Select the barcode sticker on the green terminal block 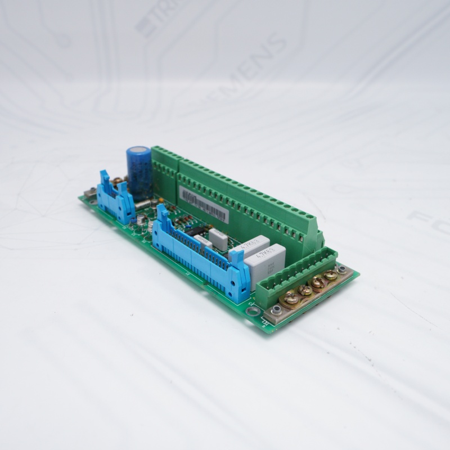click(204, 204)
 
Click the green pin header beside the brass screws click(296, 276)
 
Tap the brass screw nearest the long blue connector click(291, 299)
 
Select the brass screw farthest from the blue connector click(331, 276)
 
